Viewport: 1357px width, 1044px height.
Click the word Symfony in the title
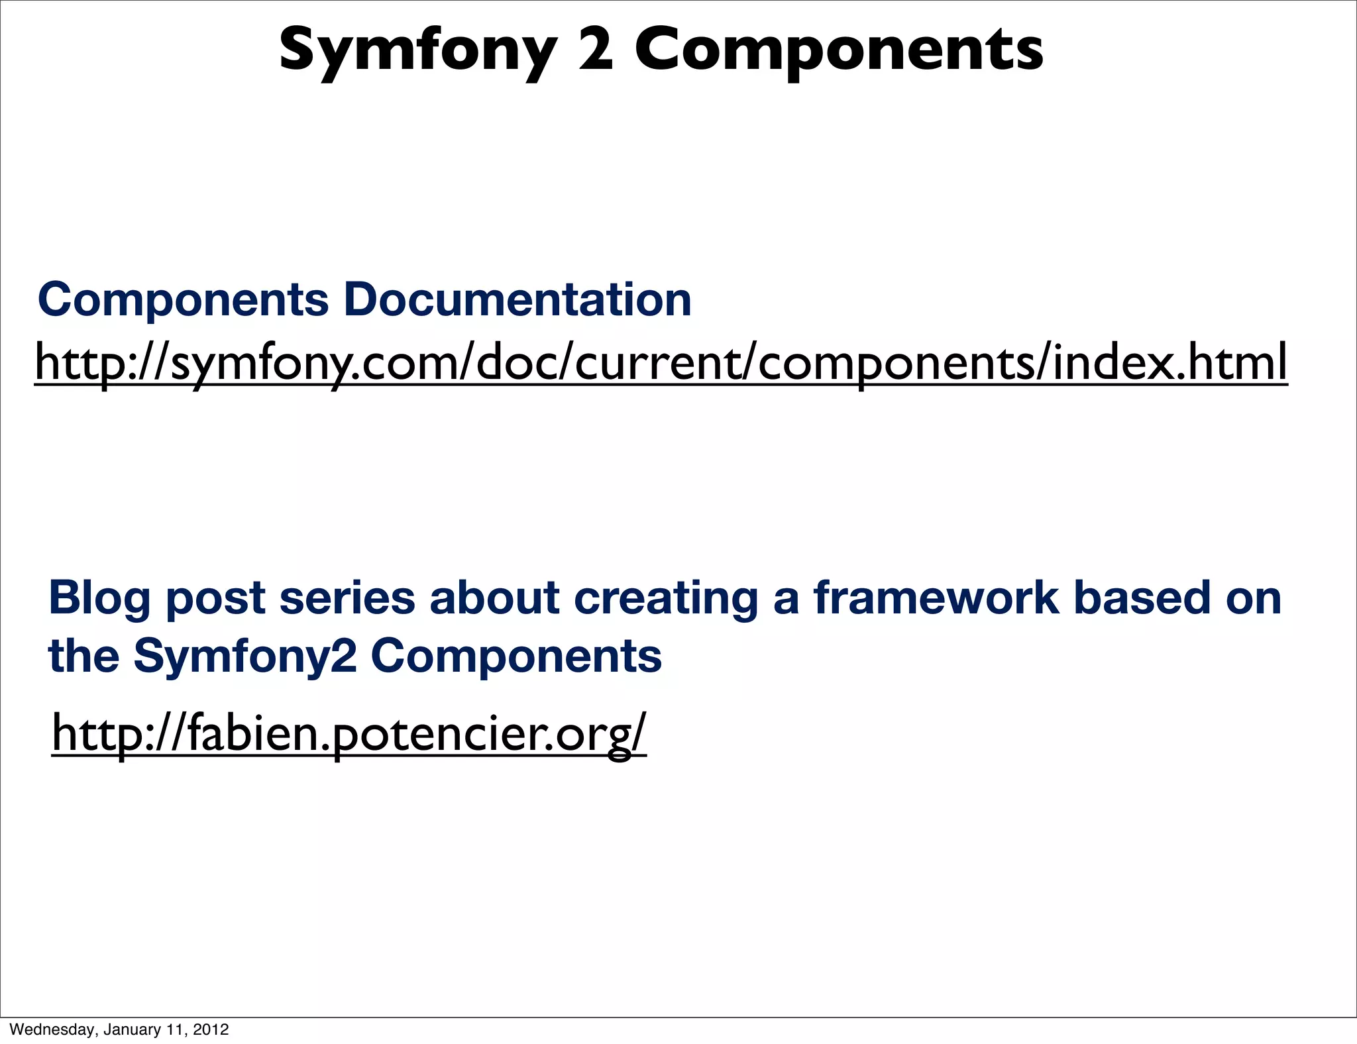pyautogui.click(x=417, y=52)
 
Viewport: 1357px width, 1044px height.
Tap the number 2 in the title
pyautogui.click(x=596, y=50)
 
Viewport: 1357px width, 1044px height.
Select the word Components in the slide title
pyautogui.click(x=839, y=52)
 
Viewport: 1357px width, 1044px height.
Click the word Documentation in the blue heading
pyautogui.click(x=517, y=299)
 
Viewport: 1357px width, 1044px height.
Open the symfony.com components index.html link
pyautogui.click(x=661, y=362)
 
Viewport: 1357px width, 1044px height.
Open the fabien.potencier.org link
pyautogui.click(x=349, y=733)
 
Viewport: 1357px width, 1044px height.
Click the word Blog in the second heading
pyautogui.click(x=99, y=598)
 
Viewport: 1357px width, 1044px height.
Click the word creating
pyautogui.click(x=665, y=598)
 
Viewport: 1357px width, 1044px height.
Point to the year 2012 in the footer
pyautogui.click(x=211, y=1029)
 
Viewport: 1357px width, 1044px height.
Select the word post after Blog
pyautogui.click(x=216, y=598)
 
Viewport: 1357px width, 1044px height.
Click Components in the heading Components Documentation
pyautogui.click(x=184, y=299)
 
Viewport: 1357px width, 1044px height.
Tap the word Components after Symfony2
pyautogui.click(x=516, y=656)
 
